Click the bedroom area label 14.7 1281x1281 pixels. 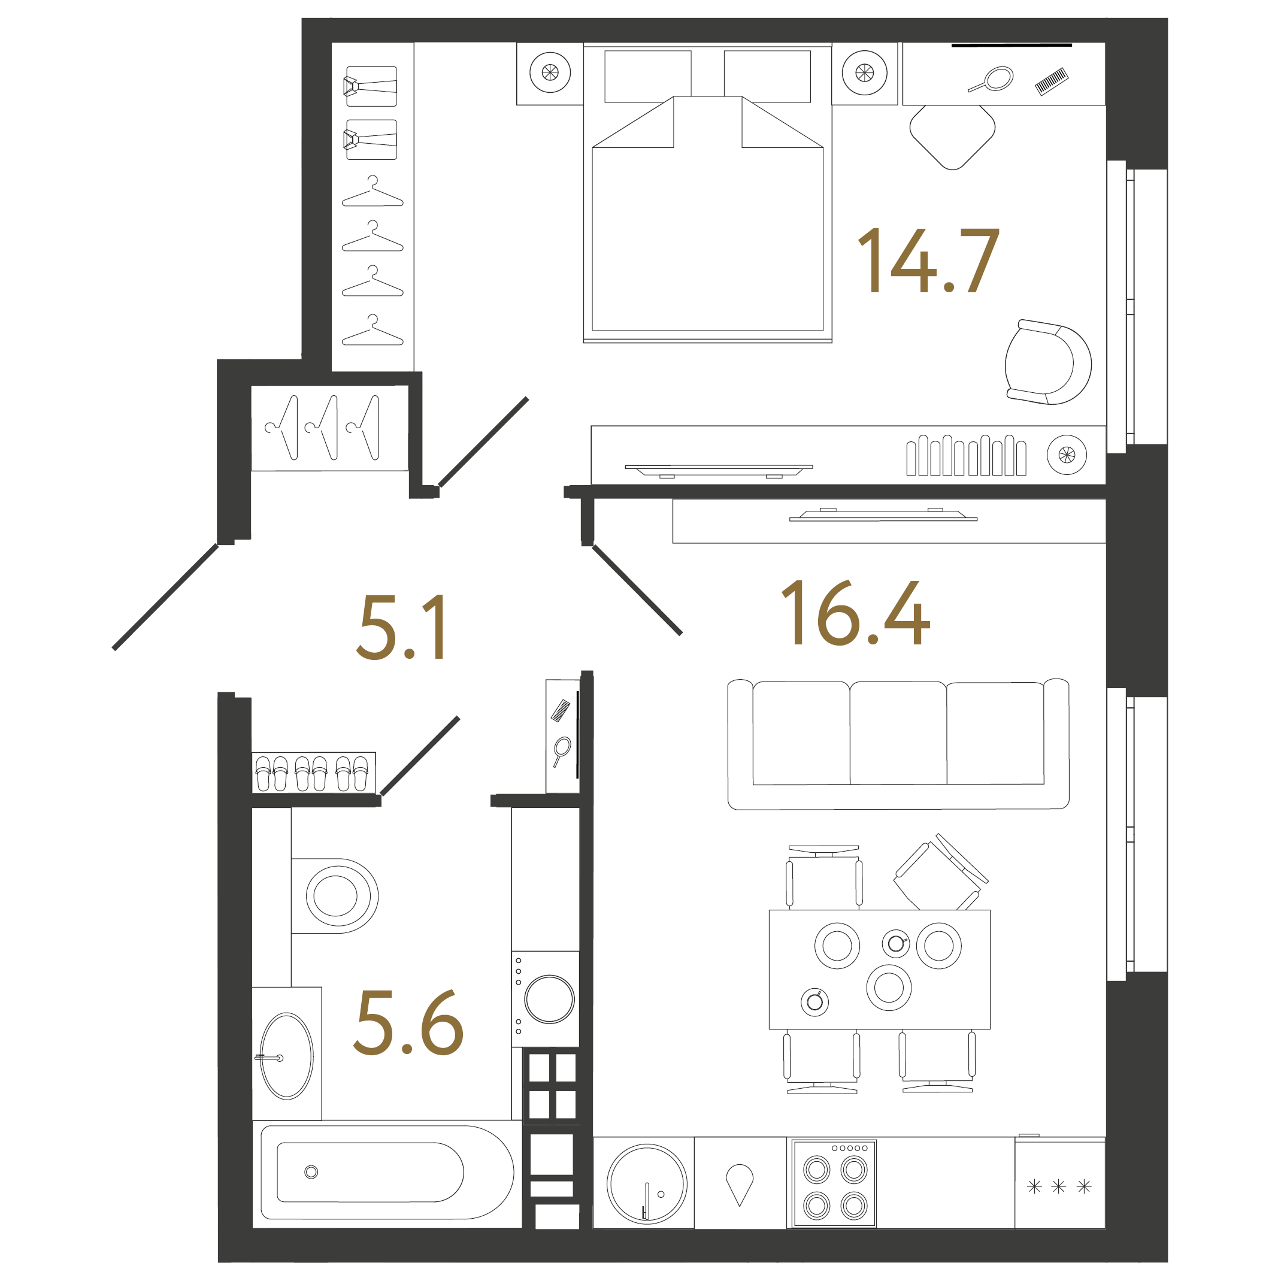[928, 260]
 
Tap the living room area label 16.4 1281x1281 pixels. [855, 613]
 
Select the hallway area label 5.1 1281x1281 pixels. [402, 627]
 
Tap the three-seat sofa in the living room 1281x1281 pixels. [898, 743]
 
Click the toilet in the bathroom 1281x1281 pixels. [335, 895]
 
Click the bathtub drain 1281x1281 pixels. [311, 1172]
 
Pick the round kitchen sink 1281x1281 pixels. [646, 1183]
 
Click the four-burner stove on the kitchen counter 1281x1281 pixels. [835, 1184]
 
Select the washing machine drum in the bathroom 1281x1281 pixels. [549, 999]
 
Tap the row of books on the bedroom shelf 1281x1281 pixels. [966, 456]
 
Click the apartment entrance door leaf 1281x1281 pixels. [166, 596]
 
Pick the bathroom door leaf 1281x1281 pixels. [420, 756]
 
